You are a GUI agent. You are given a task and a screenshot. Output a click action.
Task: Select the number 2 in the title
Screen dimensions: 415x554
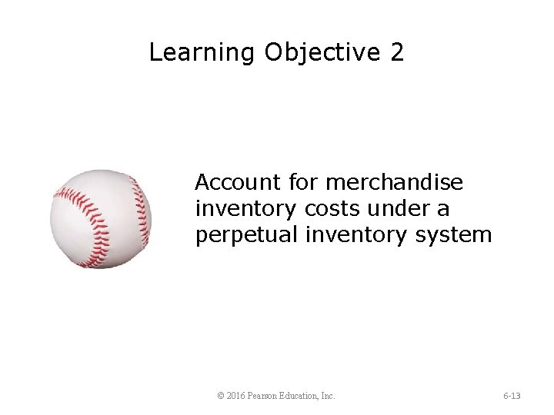[397, 53]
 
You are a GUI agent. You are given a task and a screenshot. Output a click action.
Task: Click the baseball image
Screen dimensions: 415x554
[101, 219]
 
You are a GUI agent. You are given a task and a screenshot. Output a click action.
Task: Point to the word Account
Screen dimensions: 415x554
[239, 183]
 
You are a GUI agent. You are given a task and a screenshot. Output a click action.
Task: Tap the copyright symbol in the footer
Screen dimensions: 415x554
[222, 396]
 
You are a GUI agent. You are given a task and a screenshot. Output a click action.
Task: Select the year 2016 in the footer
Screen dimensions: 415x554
[236, 396]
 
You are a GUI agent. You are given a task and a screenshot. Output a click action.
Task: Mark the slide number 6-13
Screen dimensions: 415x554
[512, 396]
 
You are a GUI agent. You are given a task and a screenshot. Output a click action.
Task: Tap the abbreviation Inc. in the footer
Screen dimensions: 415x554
[328, 396]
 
